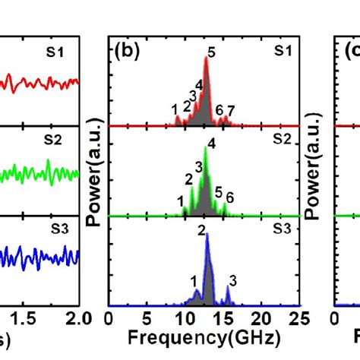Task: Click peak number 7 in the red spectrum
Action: pos(231,111)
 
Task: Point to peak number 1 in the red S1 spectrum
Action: pos(175,109)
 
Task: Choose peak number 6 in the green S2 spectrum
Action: pos(230,198)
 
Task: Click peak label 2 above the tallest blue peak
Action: pos(202,230)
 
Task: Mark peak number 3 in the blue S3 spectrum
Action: pos(232,280)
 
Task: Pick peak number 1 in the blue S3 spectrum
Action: pos(194,280)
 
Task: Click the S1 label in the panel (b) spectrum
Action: pos(283,51)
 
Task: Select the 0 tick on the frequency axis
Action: pos(109,317)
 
